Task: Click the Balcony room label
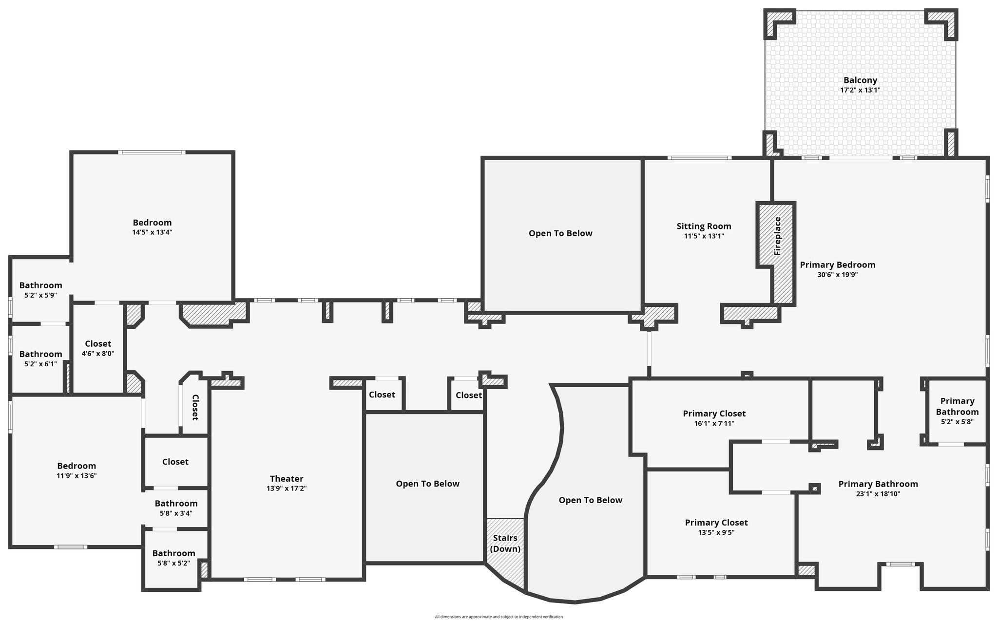point(860,80)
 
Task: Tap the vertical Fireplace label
point(778,236)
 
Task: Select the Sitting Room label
point(704,226)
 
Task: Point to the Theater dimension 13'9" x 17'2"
point(287,489)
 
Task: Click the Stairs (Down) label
point(505,544)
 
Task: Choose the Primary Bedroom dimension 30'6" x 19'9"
point(838,275)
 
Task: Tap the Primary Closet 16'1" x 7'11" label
point(714,418)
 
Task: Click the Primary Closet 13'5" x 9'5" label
point(716,527)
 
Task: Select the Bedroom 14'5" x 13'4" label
point(152,227)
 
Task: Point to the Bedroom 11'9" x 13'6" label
point(77,470)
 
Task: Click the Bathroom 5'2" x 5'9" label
point(41,290)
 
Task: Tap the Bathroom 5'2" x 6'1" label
point(41,358)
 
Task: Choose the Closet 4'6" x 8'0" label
point(98,348)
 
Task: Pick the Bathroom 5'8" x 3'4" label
point(176,508)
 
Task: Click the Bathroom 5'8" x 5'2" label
point(174,558)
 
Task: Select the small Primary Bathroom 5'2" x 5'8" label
point(957,412)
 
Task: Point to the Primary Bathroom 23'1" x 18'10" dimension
point(878,494)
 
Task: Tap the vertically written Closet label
point(195,407)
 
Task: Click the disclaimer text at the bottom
point(499,617)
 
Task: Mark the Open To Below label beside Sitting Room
point(560,233)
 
